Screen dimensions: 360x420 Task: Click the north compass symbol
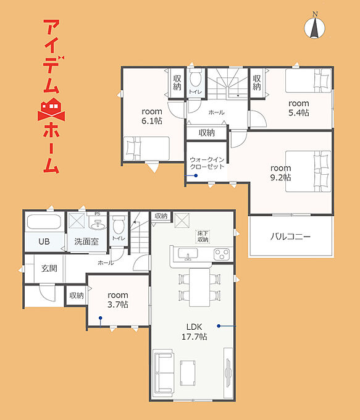(x=315, y=27)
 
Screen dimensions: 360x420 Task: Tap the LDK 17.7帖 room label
(x=194, y=332)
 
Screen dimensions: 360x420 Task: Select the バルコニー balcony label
(x=291, y=237)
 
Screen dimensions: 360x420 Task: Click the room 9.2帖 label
(x=280, y=173)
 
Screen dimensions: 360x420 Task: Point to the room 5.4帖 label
(x=299, y=108)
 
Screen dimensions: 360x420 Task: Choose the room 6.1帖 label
(x=152, y=116)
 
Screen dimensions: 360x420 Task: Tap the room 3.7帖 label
(x=118, y=300)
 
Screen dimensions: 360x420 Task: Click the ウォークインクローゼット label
(x=207, y=163)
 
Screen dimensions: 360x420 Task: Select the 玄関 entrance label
(x=49, y=268)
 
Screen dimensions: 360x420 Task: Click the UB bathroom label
(x=44, y=241)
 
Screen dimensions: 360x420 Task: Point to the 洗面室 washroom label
(x=86, y=241)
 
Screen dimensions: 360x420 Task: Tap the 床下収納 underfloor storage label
(x=203, y=237)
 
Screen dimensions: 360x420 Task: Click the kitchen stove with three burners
(x=222, y=254)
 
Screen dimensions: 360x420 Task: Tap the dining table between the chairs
(x=199, y=287)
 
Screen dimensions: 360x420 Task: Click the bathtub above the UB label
(x=44, y=222)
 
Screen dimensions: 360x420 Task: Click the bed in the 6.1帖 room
(x=146, y=149)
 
